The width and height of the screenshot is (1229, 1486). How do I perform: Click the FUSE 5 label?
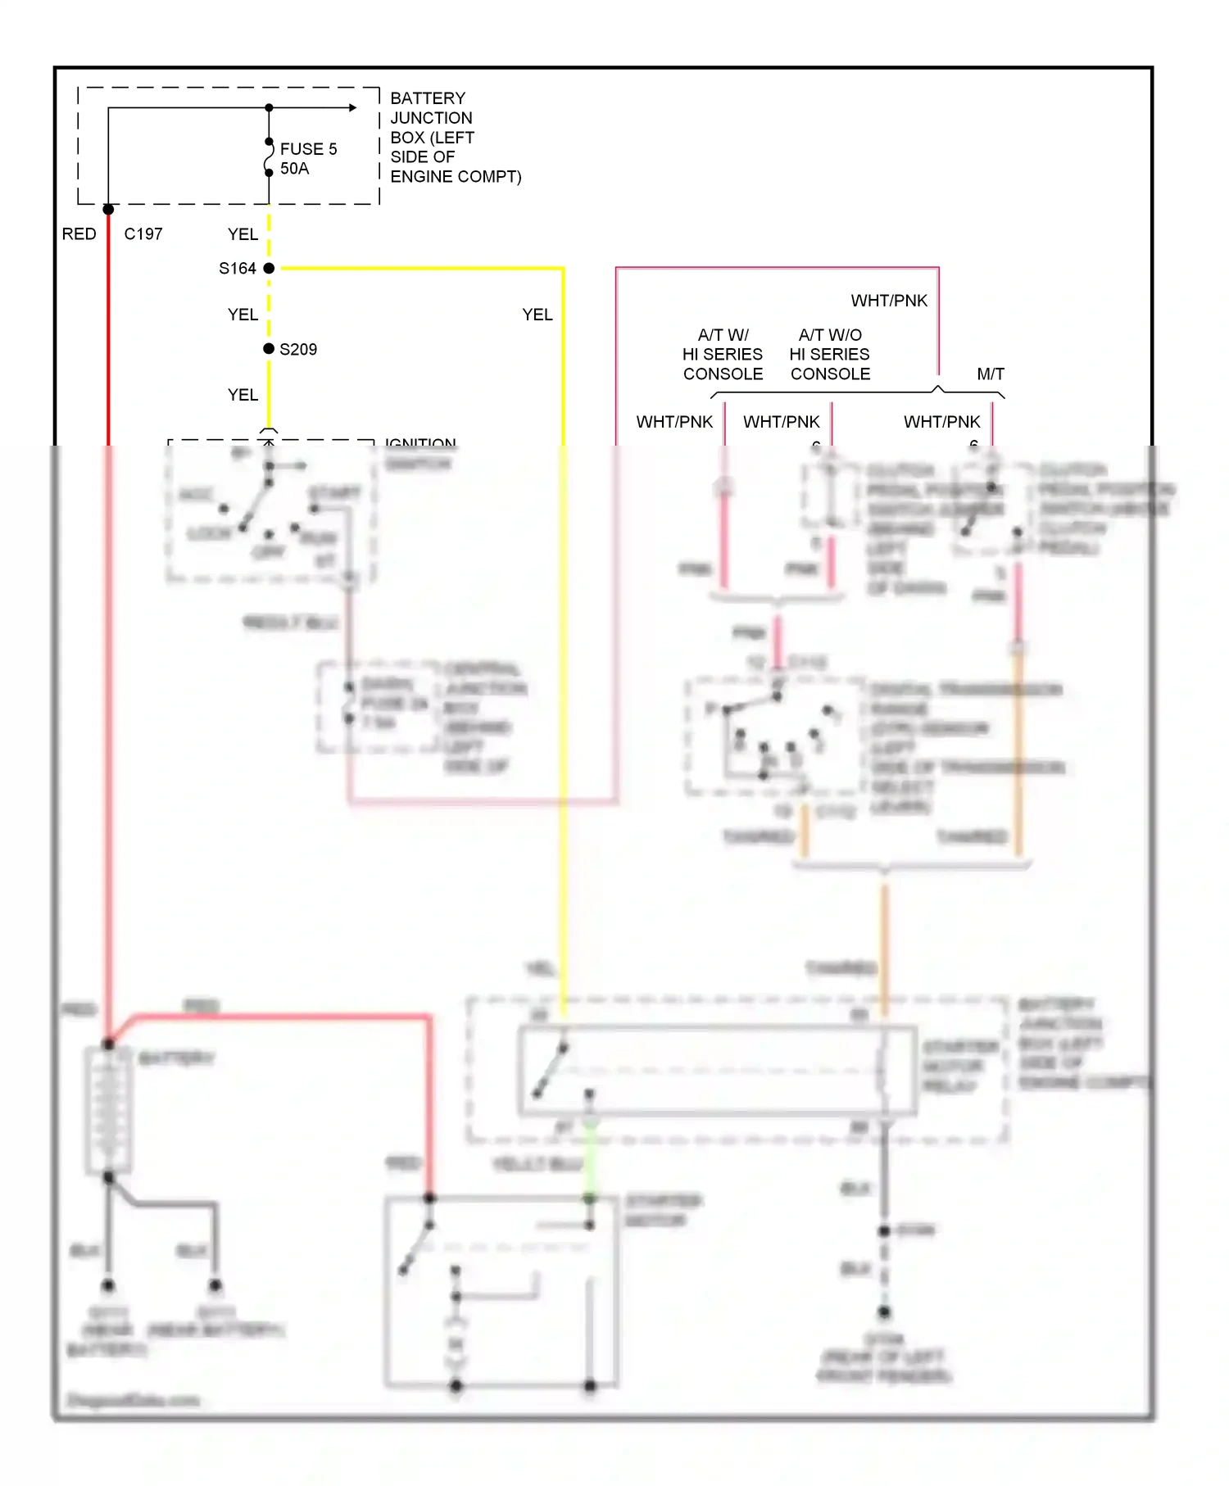click(x=308, y=149)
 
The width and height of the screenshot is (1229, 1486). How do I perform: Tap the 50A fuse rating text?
click(x=294, y=169)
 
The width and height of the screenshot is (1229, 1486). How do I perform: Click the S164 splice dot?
click(x=269, y=268)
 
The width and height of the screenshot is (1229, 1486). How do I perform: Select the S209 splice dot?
click(x=269, y=348)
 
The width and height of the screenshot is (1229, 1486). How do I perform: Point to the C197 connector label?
click(x=143, y=234)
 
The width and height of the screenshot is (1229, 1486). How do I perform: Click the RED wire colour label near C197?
click(x=79, y=234)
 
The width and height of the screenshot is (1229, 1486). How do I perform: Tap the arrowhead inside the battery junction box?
click(x=352, y=107)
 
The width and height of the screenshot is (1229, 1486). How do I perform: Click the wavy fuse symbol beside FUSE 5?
click(x=268, y=157)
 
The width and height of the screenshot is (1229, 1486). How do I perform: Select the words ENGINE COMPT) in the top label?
click(x=456, y=177)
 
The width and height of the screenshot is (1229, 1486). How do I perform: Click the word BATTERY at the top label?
click(x=428, y=98)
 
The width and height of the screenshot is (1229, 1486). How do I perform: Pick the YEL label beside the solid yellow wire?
click(x=537, y=315)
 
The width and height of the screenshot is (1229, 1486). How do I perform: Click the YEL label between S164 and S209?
click(x=243, y=315)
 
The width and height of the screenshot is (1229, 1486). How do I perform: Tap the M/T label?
click(x=991, y=374)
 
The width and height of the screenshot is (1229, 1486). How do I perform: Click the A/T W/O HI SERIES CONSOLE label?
click(x=830, y=355)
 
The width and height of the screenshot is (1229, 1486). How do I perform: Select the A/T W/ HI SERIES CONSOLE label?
click(x=723, y=355)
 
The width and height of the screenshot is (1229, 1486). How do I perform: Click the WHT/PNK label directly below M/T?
click(x=941, y=422)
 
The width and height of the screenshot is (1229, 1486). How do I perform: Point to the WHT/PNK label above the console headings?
click(x=889, y=301)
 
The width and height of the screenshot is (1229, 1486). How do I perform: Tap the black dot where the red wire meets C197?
click(x=108, y=210)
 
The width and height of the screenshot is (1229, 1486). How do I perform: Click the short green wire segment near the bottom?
click(x=589, y=1163)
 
